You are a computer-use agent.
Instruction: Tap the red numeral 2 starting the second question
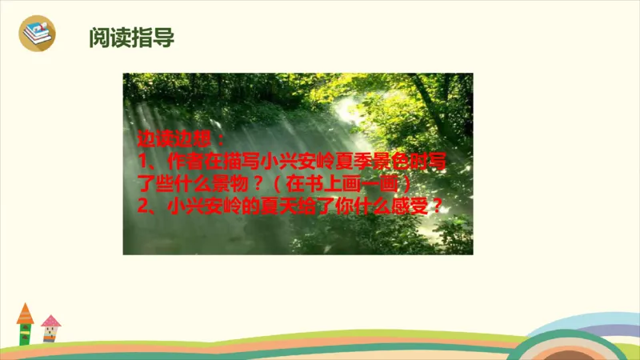(141, 205)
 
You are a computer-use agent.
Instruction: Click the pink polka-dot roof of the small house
(50, 322)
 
